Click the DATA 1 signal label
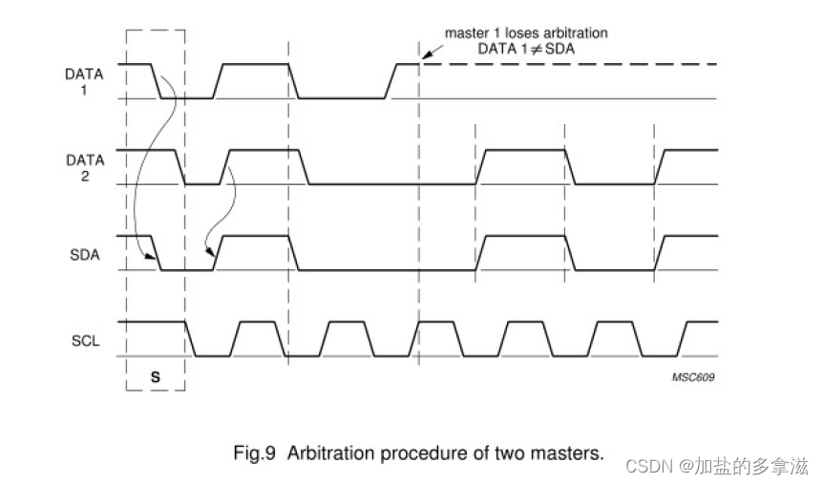click(84, 81)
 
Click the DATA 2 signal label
click(84, 168)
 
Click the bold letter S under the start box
click(156, 377)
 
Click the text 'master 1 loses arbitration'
click(526, 32)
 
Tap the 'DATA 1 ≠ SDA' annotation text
click(526, 48)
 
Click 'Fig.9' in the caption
click(255, 453)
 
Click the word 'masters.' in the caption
click(573, 453)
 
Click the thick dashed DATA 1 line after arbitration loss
click(573, 64)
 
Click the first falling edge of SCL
click(190, 339)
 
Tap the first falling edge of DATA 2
click(179, 167)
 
